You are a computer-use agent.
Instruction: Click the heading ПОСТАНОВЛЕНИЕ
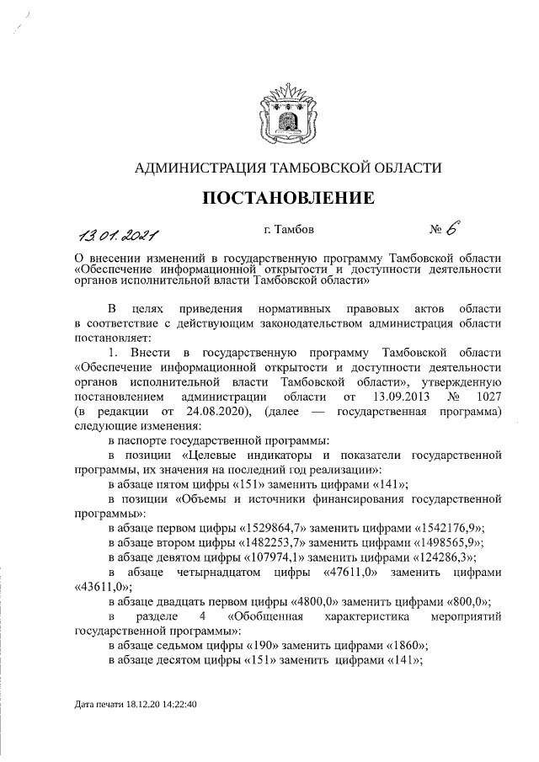point(287,199)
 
